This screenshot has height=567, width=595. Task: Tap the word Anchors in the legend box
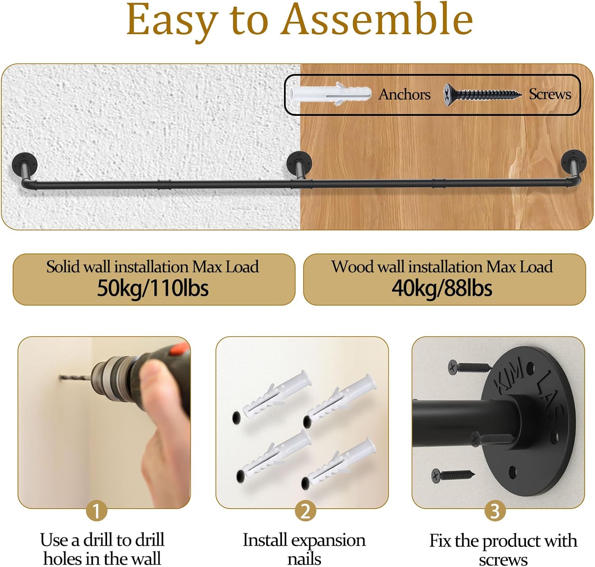point(404,94)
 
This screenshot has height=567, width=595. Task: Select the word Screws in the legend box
point(550,94)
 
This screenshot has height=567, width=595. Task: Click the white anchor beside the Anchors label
point(330,94)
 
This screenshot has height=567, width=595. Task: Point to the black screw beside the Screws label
point(482,94)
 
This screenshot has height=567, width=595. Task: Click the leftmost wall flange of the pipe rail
point(25,164)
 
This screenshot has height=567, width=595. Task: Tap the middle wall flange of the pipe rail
point(299,161)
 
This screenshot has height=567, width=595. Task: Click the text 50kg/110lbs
point(153,288)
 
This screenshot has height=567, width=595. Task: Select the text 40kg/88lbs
point(442,288)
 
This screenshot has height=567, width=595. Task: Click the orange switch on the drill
point(179,348)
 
